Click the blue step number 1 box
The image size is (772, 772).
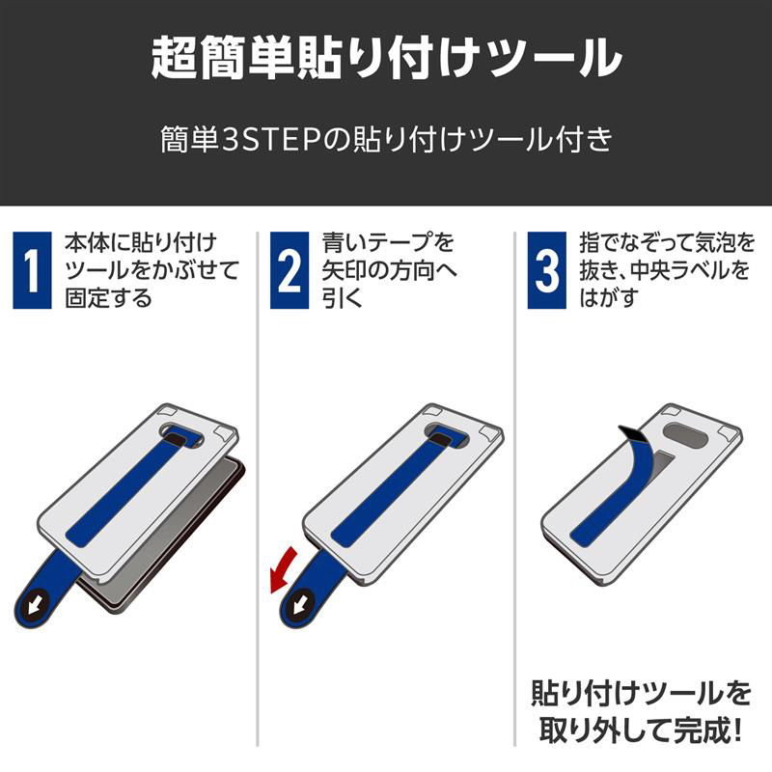coord(32,270)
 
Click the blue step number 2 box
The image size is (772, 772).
coord(289,270)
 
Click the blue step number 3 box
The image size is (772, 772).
coord(546,270)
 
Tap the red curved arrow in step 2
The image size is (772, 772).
coord(282,571)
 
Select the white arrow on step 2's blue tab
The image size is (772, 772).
coord(302,604)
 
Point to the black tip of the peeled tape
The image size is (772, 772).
coord(632,433)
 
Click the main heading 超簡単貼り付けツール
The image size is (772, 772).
coord(387,58)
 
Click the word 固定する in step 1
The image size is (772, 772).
coord(108,298)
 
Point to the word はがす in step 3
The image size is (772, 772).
coord(609,298)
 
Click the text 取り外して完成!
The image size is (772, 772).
coord(641,731)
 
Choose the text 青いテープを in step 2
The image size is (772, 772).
coord(389,243)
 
